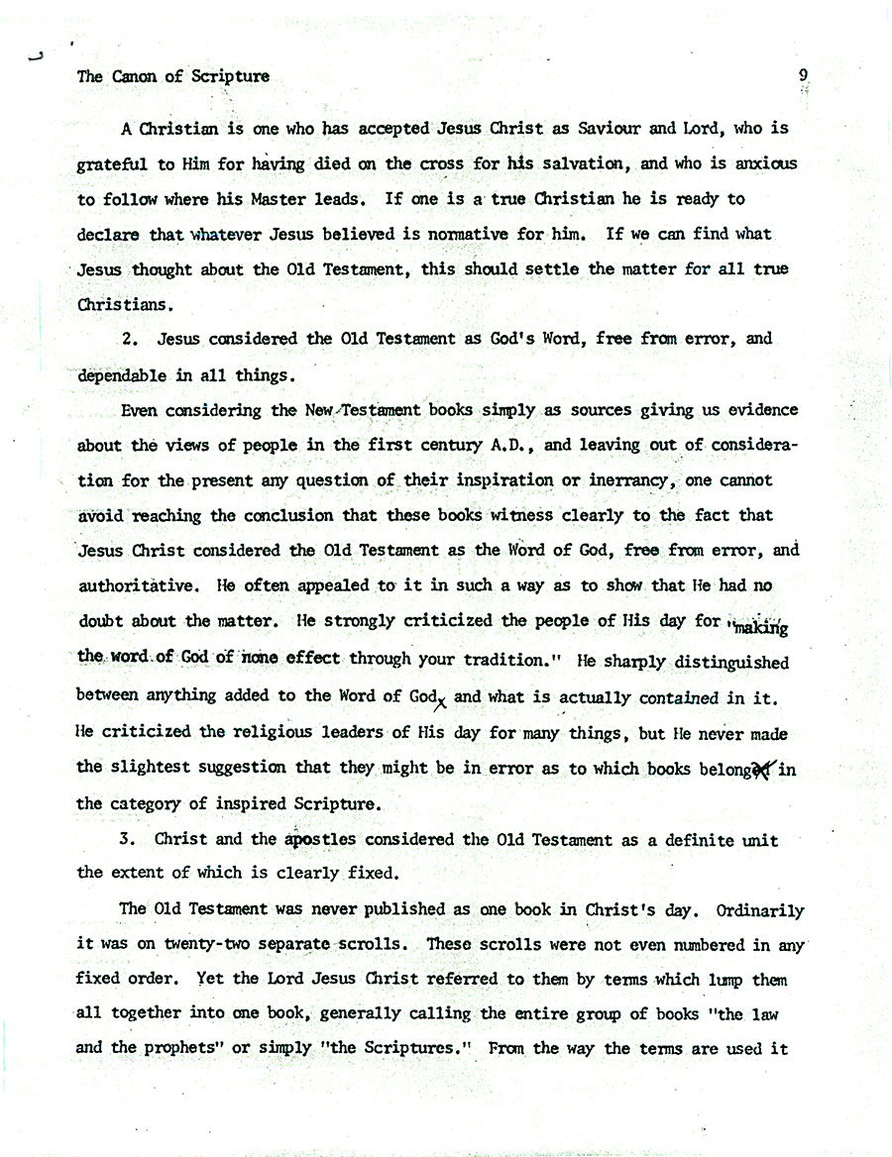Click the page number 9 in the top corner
pos(803,75)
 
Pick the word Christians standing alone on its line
pos(126,303)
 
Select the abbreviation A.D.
pos(509,445)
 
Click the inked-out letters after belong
pos(762,769)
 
